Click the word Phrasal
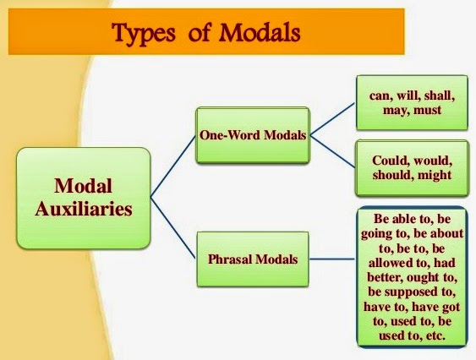coord(227,258)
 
